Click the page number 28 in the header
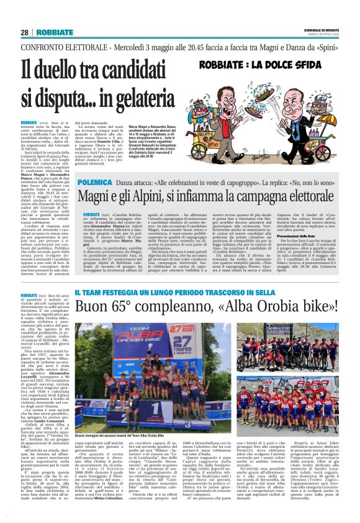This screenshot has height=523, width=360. coord(25,33)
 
